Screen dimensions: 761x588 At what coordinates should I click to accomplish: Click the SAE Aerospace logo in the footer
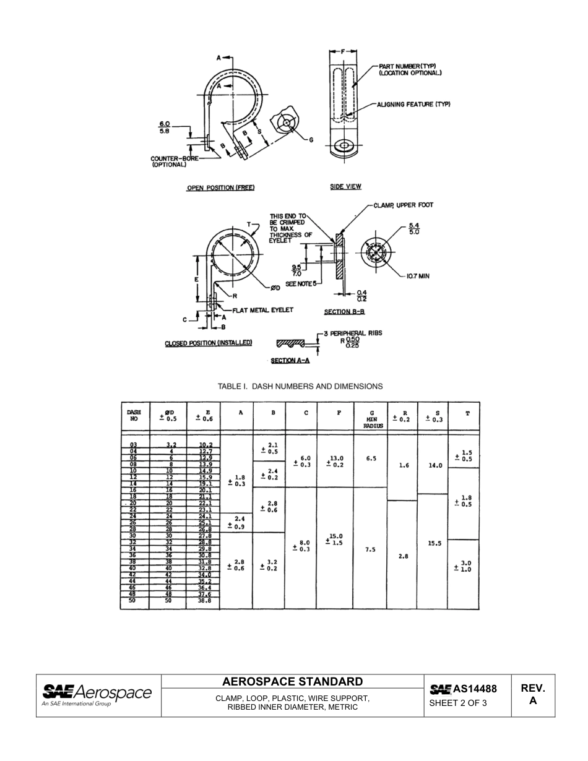pos(96,694)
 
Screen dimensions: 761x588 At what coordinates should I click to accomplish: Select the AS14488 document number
pos(464,689)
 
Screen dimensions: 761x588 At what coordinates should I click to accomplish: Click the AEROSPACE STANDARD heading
pos(292,682)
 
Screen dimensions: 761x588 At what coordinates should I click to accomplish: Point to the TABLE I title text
pos(300,386)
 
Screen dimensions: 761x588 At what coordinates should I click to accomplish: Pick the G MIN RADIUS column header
pos(370,419)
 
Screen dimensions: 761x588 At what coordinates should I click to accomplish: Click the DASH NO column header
pos(134,415)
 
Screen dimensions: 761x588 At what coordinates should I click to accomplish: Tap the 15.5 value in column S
pos(435,543)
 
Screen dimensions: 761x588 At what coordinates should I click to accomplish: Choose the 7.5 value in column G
pos(370,549)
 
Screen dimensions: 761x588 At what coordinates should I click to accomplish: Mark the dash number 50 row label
pos(133,601)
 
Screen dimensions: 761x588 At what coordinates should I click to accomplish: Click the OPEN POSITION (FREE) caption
pos(220,187)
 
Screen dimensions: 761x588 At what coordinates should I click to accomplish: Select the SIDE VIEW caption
pos(345,186)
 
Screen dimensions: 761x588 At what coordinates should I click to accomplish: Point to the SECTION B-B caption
pos(345,312)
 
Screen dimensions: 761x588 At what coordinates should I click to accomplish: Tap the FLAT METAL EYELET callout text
pos(262,310)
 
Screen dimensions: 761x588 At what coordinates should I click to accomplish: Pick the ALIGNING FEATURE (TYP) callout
pos(413,105)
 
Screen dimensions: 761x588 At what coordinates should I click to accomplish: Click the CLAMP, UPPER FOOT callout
pos(404,205)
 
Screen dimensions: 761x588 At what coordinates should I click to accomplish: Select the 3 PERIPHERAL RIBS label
pos(355,333)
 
